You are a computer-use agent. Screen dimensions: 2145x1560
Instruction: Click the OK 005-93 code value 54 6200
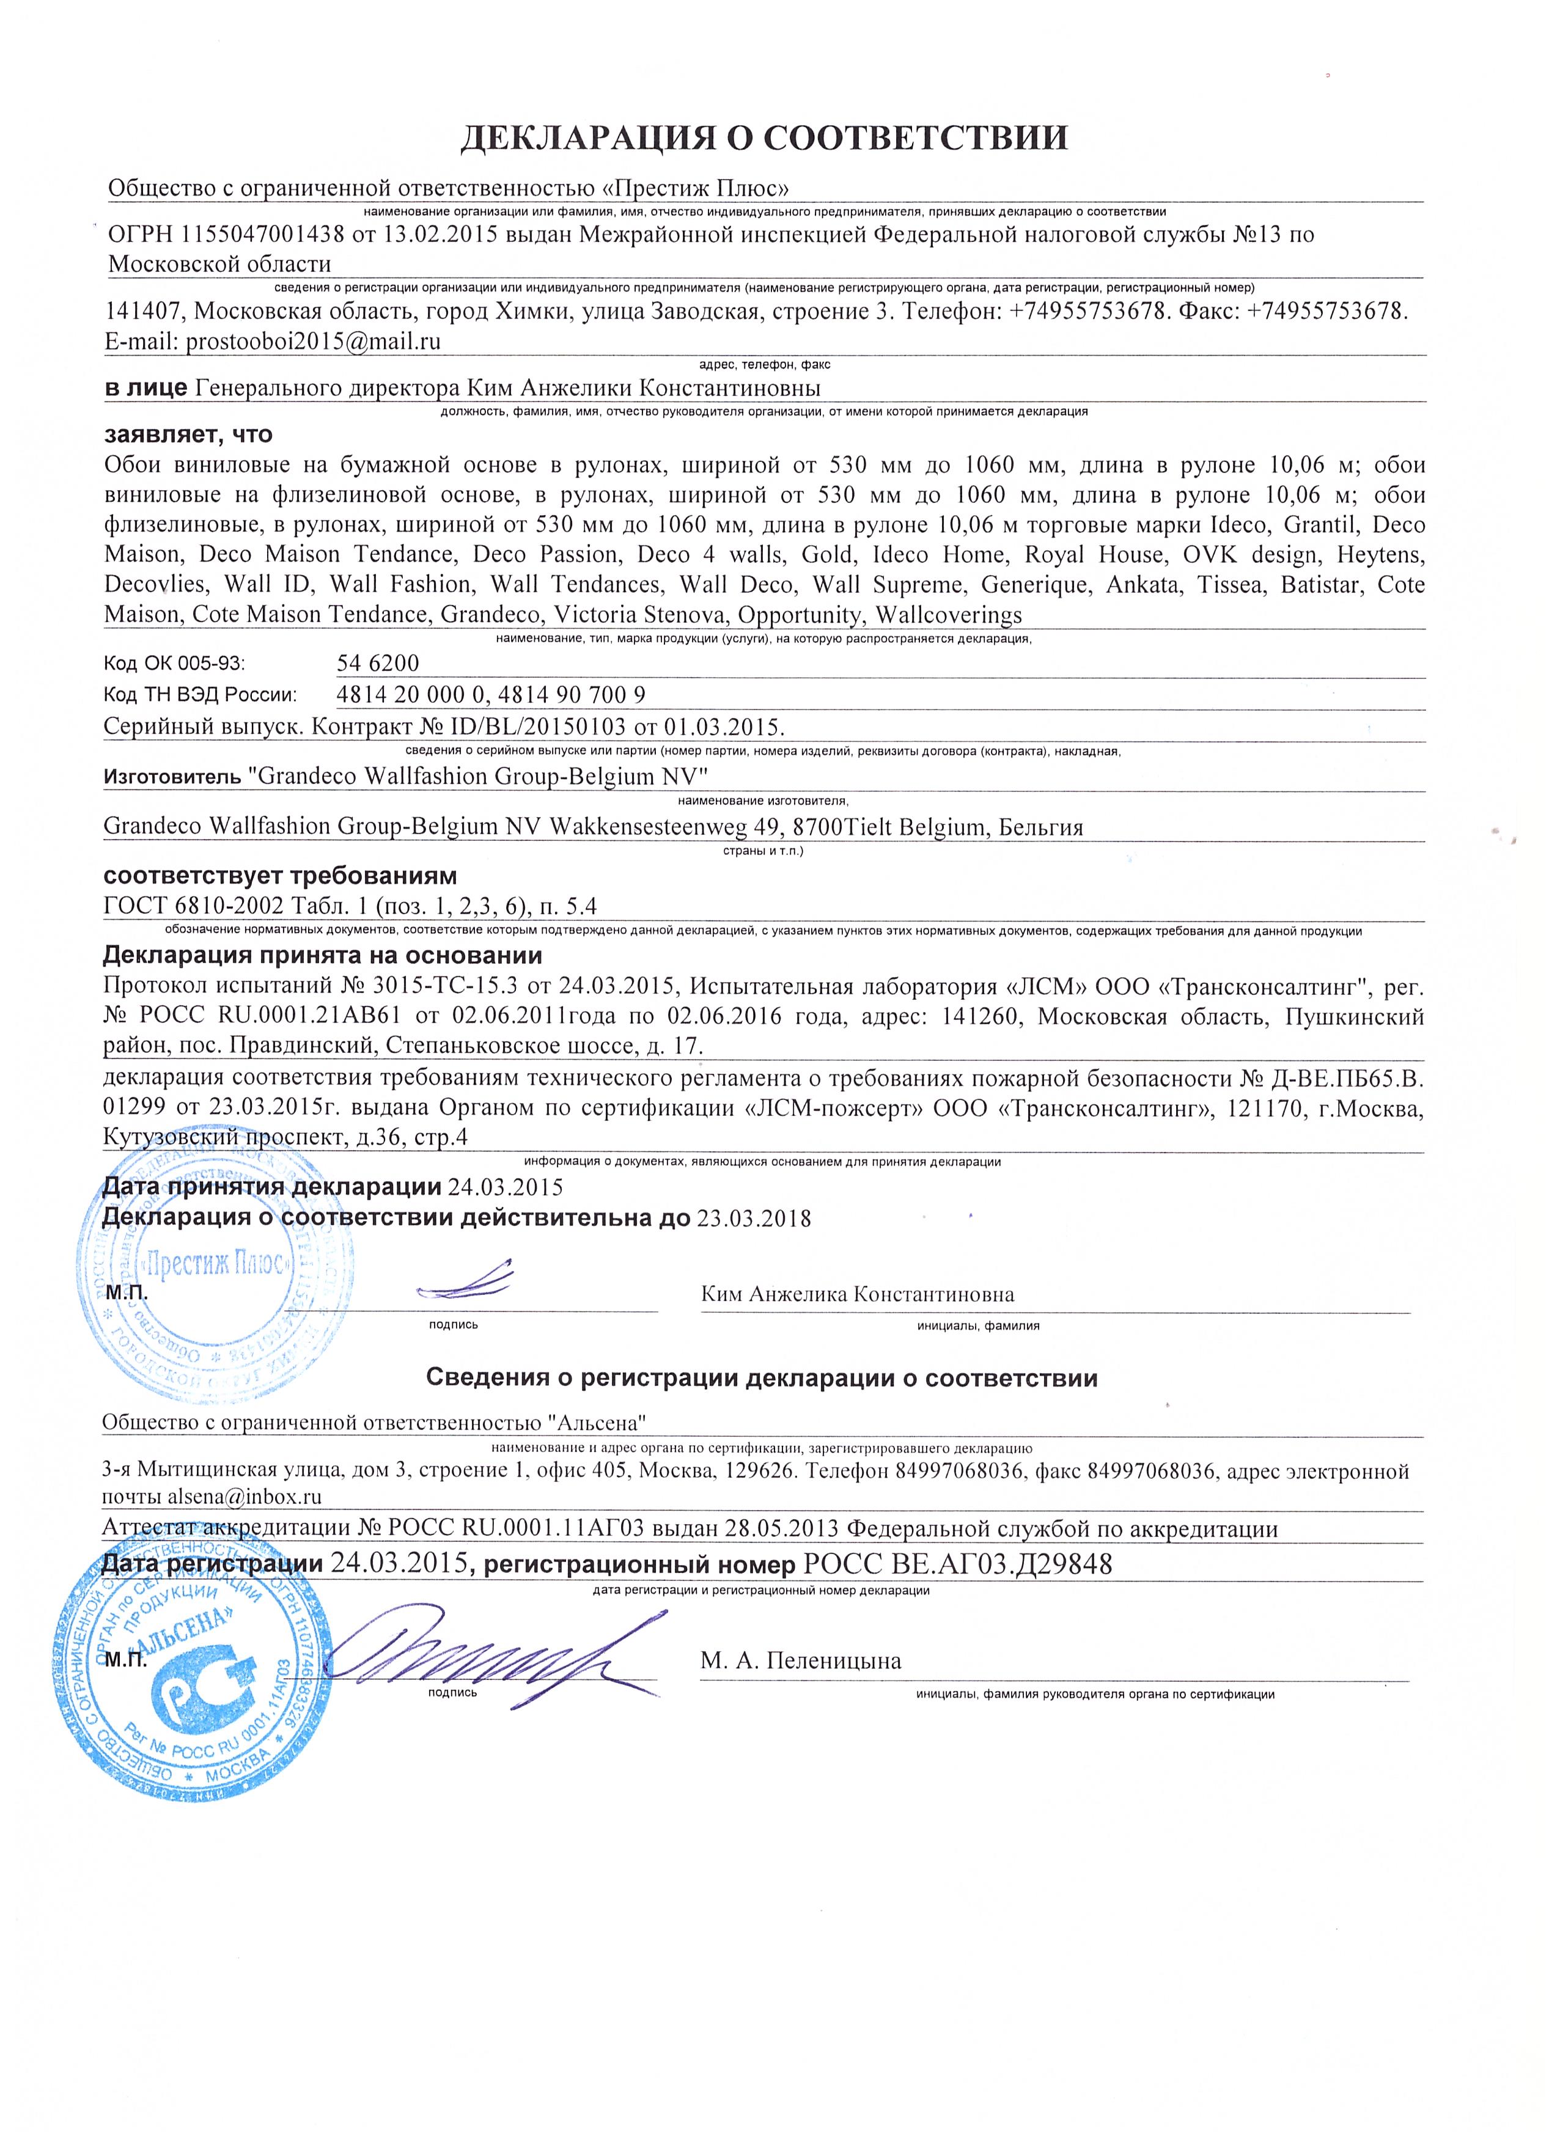point(377,663)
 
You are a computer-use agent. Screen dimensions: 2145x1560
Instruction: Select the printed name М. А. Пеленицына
point(800,1661)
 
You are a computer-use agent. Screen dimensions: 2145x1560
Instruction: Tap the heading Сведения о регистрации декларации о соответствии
point(762,1378)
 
